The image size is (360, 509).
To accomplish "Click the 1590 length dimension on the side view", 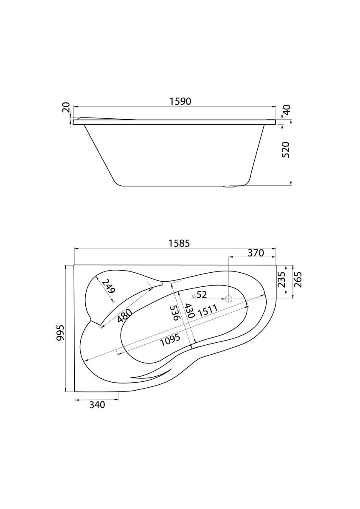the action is coord(180,101).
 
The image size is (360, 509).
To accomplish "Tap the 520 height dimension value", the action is coord(286,150).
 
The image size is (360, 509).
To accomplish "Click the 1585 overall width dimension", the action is coord(179,243).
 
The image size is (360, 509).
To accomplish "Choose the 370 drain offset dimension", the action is coord(256,253).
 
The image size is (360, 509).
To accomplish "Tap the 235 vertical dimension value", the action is coord(281,280).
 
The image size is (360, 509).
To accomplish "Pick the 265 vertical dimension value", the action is coord(298,280).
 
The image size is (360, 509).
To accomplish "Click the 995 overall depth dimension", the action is coord(60,333).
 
